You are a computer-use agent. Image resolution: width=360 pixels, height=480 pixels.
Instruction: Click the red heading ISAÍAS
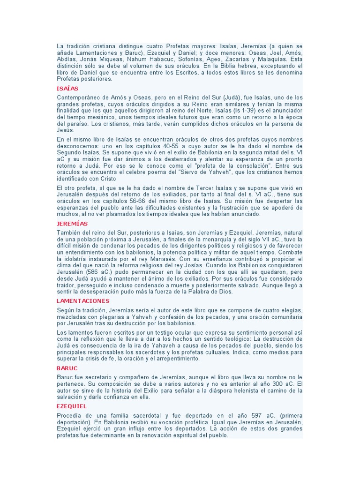click(67, 88)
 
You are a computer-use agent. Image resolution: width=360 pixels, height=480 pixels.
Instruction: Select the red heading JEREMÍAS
click(72, 224)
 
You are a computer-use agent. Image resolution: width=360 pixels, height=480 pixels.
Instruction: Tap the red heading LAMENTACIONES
click(82, 301)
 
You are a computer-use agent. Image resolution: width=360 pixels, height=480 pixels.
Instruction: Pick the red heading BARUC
click(67, 368)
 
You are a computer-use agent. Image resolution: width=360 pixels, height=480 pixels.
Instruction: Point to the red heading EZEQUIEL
click(71, 406)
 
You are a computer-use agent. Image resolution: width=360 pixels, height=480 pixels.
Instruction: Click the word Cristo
click(107, 179)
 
